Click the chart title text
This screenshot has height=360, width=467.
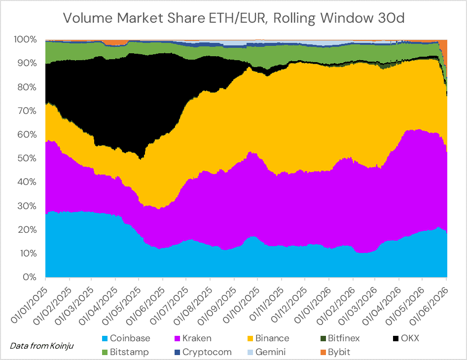point(234,18)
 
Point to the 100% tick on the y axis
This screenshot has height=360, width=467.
point(25,39)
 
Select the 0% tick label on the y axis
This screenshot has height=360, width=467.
point(30,277)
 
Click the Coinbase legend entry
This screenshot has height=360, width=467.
point(126,338)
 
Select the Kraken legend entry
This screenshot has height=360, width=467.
point(193,338)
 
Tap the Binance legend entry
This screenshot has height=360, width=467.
point(268,338)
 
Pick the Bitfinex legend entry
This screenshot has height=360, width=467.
point(340,338)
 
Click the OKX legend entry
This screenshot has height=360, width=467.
point(406,338)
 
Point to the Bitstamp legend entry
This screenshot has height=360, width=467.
point(125,352)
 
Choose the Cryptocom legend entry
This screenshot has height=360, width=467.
point(203,352)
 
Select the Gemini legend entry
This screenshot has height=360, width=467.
point(267,352)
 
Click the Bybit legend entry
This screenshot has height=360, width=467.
point(335,352)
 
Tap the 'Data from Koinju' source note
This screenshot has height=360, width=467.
point(42,346)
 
